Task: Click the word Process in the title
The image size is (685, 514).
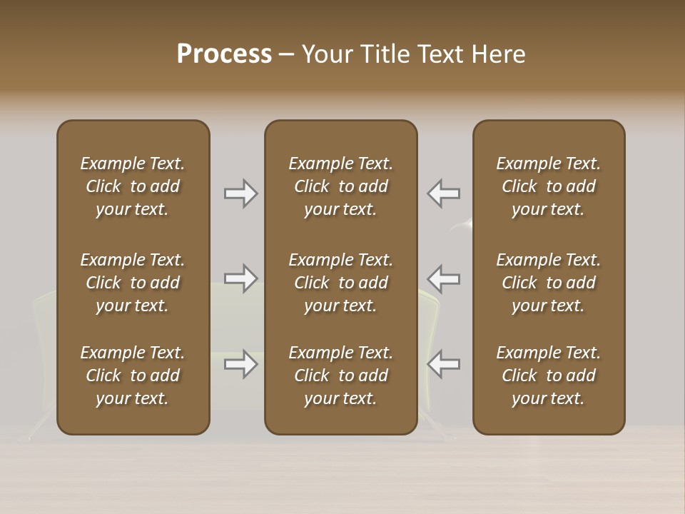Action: (224, 54)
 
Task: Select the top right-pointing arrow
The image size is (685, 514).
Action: (241, 193)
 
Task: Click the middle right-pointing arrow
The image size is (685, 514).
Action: (241, 278)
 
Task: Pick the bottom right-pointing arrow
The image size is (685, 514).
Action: (241, 364)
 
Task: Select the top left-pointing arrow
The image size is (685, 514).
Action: (444, 193)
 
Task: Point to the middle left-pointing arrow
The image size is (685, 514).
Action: (444, 278)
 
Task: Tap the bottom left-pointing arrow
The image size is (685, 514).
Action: (444, 364)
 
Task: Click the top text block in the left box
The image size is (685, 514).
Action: (133, 186)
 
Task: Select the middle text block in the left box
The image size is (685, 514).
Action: (133, 283)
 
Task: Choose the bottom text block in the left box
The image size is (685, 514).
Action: (133, 376)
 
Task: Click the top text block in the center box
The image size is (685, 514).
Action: (340, 186)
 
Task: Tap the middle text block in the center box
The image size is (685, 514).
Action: (340, 283)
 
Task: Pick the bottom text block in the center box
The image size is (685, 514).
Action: (340, 376)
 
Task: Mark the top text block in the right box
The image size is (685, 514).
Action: (548, 186)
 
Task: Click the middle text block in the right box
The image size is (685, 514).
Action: (548, 283)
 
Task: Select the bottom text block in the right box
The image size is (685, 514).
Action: (548, 376)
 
